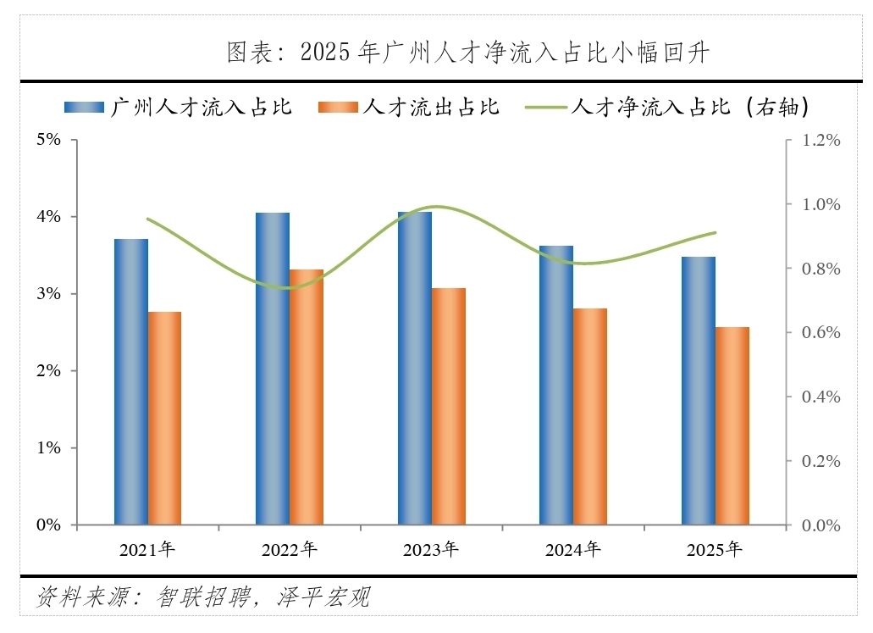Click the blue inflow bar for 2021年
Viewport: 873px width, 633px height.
click(131, 381)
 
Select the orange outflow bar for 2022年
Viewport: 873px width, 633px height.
click(307, 397)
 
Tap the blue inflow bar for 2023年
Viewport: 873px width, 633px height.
click(415, 369)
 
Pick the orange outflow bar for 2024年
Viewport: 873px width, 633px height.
click(590, 417)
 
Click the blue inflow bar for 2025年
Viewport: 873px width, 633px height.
click(699, 391)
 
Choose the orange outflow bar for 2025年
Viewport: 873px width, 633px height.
click(732, 426)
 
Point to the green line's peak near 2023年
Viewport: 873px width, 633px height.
click(438, 208)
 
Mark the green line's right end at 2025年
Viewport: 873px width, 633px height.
click(716, 232)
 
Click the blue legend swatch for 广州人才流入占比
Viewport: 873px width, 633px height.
click(84, 107)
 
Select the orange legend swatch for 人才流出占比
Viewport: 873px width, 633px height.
click(338, 107)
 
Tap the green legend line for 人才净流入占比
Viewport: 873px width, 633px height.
click(546, 107)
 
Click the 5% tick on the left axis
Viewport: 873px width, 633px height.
click(48, 139)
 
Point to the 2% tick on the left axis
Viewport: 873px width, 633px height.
click(48, 370)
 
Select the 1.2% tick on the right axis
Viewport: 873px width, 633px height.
click(821, 140)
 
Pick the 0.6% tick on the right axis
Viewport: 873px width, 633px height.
click(821, 333)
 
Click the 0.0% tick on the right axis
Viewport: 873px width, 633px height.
click(821, 525)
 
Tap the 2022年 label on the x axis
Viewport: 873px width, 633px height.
click(289, 549)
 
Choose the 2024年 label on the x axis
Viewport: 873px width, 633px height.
click(573, 549)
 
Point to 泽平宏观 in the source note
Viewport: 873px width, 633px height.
click(323, 597)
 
